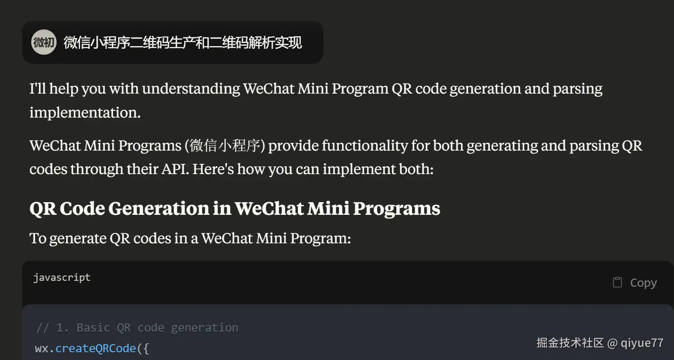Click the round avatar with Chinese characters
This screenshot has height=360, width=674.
(x=44, y=42)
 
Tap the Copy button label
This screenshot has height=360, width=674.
(x=643, y=283)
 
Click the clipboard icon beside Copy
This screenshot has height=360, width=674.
(x=617, y=282)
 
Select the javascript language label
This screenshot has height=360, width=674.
(x=62, y=277)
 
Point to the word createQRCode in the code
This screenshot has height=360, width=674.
(x=96, y=348)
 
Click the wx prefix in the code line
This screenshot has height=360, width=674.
(x=41, y=349)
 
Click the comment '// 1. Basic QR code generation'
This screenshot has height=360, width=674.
(x=137, y=327)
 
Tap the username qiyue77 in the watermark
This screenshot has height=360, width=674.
(x=642, y=343)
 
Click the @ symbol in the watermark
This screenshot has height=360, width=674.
(x=612, y=343)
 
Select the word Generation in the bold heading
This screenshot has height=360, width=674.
(x=159, y=208)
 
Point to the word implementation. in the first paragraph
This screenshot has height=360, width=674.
(x=85, y=113)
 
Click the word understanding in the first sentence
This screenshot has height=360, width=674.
(x=191, y=89)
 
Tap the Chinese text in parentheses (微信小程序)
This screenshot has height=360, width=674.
(x=225, y=146)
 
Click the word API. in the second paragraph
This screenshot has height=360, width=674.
(x=175, y=169)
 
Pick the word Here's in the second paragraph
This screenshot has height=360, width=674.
(x=213, y=169)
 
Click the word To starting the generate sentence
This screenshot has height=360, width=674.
(x=38, y=238)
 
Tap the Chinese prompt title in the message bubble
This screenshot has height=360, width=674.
(x=183, y=43)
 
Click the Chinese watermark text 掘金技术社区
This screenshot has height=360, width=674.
(x=570, y=343)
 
